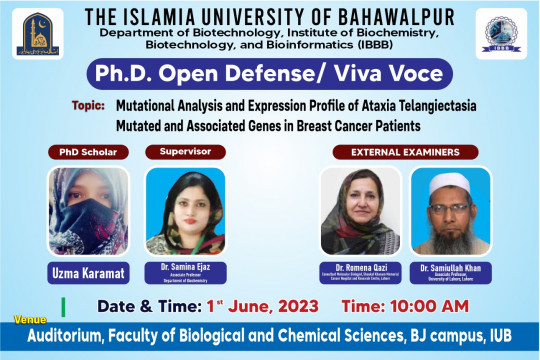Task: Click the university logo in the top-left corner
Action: click(38, 35)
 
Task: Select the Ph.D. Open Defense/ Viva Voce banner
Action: click(270, 75)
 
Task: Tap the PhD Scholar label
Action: click(87, 152)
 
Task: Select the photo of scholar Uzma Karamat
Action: click(88, 211)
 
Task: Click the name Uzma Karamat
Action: click(88, 271)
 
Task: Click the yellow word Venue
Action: click(30, 319)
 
